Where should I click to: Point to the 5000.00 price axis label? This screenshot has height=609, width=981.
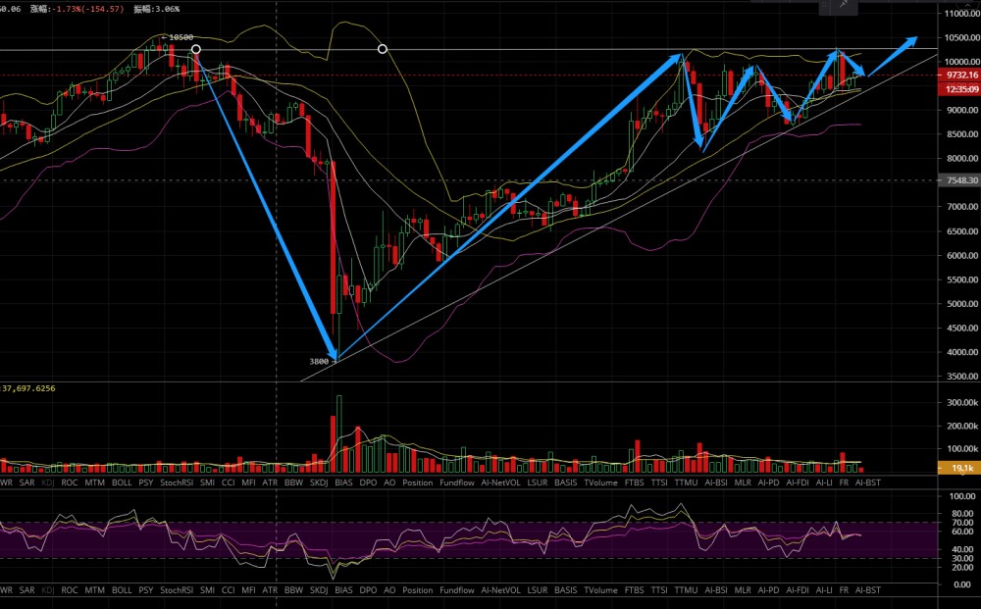pos(958,304)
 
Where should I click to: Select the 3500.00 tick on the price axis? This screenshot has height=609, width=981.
pos(958,377)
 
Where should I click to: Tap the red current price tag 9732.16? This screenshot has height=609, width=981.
pos(958,75)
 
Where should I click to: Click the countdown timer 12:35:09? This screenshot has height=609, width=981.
pos(958,89)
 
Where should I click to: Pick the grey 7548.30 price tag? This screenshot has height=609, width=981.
pos(958,180)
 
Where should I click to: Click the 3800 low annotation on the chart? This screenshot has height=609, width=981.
pos(319,362)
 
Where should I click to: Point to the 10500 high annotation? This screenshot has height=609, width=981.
pos(179,37)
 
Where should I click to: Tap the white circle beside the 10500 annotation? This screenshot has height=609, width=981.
pos(196,49)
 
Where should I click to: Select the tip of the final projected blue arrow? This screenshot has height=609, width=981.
pos(916,39)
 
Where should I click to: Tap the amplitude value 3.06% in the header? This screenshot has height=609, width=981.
pos(166,8)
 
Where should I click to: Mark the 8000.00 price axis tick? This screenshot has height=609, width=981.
pos(958,159)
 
